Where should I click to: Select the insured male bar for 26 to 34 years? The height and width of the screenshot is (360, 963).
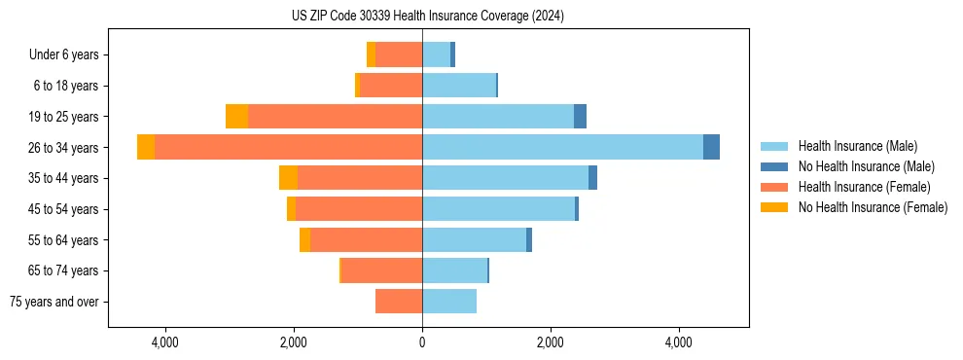point(562,147)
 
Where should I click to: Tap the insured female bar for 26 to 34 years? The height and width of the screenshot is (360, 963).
point(288,147)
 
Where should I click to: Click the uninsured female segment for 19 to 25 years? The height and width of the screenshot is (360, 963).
point(236,117)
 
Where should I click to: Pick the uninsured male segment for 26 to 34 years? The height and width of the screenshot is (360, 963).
point(711,147)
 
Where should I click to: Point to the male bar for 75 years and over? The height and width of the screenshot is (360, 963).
point(449,302)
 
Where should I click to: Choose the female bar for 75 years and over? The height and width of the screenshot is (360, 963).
point(399,302)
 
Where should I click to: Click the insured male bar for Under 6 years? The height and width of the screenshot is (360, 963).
point(436,54)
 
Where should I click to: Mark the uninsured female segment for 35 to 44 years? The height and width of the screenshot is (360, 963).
point(288,178)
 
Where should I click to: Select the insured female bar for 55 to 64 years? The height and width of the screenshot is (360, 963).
point(366,239)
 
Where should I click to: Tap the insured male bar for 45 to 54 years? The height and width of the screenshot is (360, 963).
point(498,209)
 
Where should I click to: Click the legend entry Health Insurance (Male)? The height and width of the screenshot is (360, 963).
point(856,146)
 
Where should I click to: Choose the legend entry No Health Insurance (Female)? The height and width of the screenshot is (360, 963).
point(872,207)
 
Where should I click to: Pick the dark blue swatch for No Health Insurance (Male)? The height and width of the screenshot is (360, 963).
point(774,166)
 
